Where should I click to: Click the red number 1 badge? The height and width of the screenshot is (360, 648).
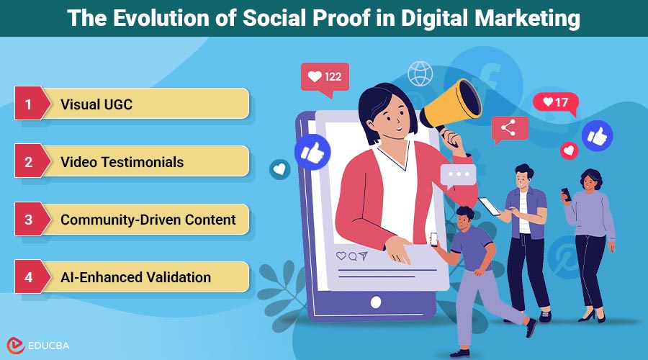pos(29,104)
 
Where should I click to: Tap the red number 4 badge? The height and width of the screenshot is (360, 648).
pos(29,277)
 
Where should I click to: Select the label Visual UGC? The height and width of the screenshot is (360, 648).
pos(96,104)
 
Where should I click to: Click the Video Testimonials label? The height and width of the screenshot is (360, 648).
pos(122,162)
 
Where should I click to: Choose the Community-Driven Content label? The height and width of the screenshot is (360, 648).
pos(148,220)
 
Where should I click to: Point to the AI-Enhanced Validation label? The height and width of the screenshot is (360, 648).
pos(135,277)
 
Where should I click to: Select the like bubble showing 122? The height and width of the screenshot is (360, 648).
pos(325,77)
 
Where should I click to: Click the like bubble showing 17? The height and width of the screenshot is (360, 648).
pos(555,102)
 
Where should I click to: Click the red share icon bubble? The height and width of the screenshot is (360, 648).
pos(509,128)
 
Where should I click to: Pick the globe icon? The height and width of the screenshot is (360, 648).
pos(419,73)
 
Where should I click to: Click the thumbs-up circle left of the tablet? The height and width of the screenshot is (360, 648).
pos(312,152)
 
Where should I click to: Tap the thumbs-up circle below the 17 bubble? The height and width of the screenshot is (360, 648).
pos(597,135)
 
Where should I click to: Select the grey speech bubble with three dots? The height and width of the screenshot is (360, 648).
pos(457,176)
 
